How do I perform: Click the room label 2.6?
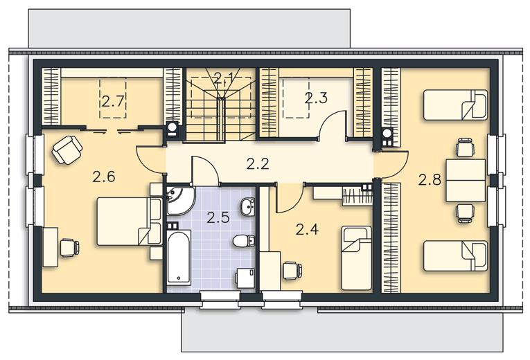(104, 177)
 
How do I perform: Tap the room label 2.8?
(430, 179)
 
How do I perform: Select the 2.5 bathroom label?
(218, 217)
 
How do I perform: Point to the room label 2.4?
(307, 229)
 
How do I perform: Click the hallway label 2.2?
(258, 164)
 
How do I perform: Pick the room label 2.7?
(113, 101)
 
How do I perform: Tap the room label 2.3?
(316, 98)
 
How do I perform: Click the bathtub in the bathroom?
(179, 258)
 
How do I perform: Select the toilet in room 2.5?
(243, 241)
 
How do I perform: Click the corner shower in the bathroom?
(179, 200)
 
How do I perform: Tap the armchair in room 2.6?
(67, 150)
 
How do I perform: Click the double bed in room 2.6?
(129, 222)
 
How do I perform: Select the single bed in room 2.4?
(356, 258)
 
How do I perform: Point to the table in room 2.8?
(466, 180)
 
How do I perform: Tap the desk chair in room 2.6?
(70, 248)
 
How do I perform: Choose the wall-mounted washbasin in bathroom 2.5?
(248, 206)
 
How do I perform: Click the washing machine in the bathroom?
(245, 278)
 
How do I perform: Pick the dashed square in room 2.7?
(112, 98)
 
